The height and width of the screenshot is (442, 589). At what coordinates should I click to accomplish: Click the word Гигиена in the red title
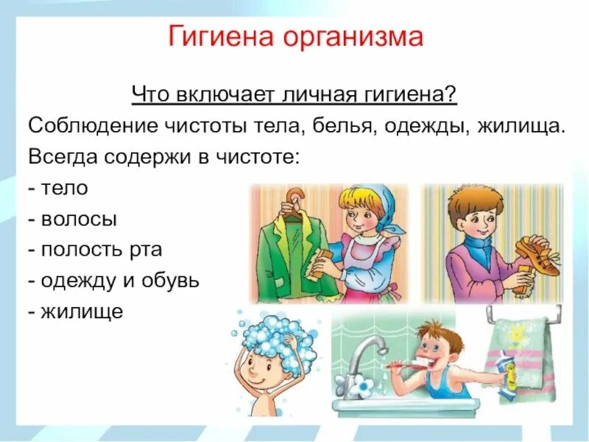219,37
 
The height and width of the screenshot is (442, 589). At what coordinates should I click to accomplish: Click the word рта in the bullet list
146,250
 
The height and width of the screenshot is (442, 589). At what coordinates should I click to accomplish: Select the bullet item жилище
83,312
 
